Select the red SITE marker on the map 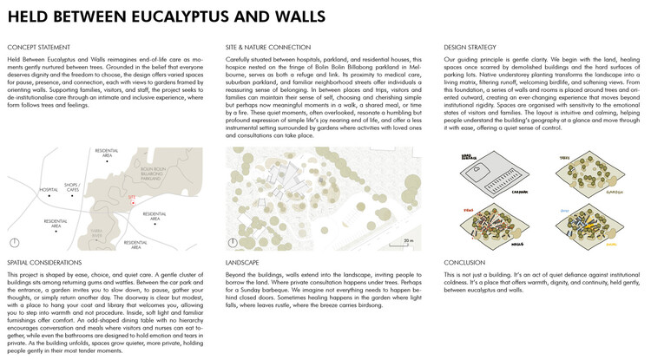point(131,198)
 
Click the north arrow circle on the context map point(14,243)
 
